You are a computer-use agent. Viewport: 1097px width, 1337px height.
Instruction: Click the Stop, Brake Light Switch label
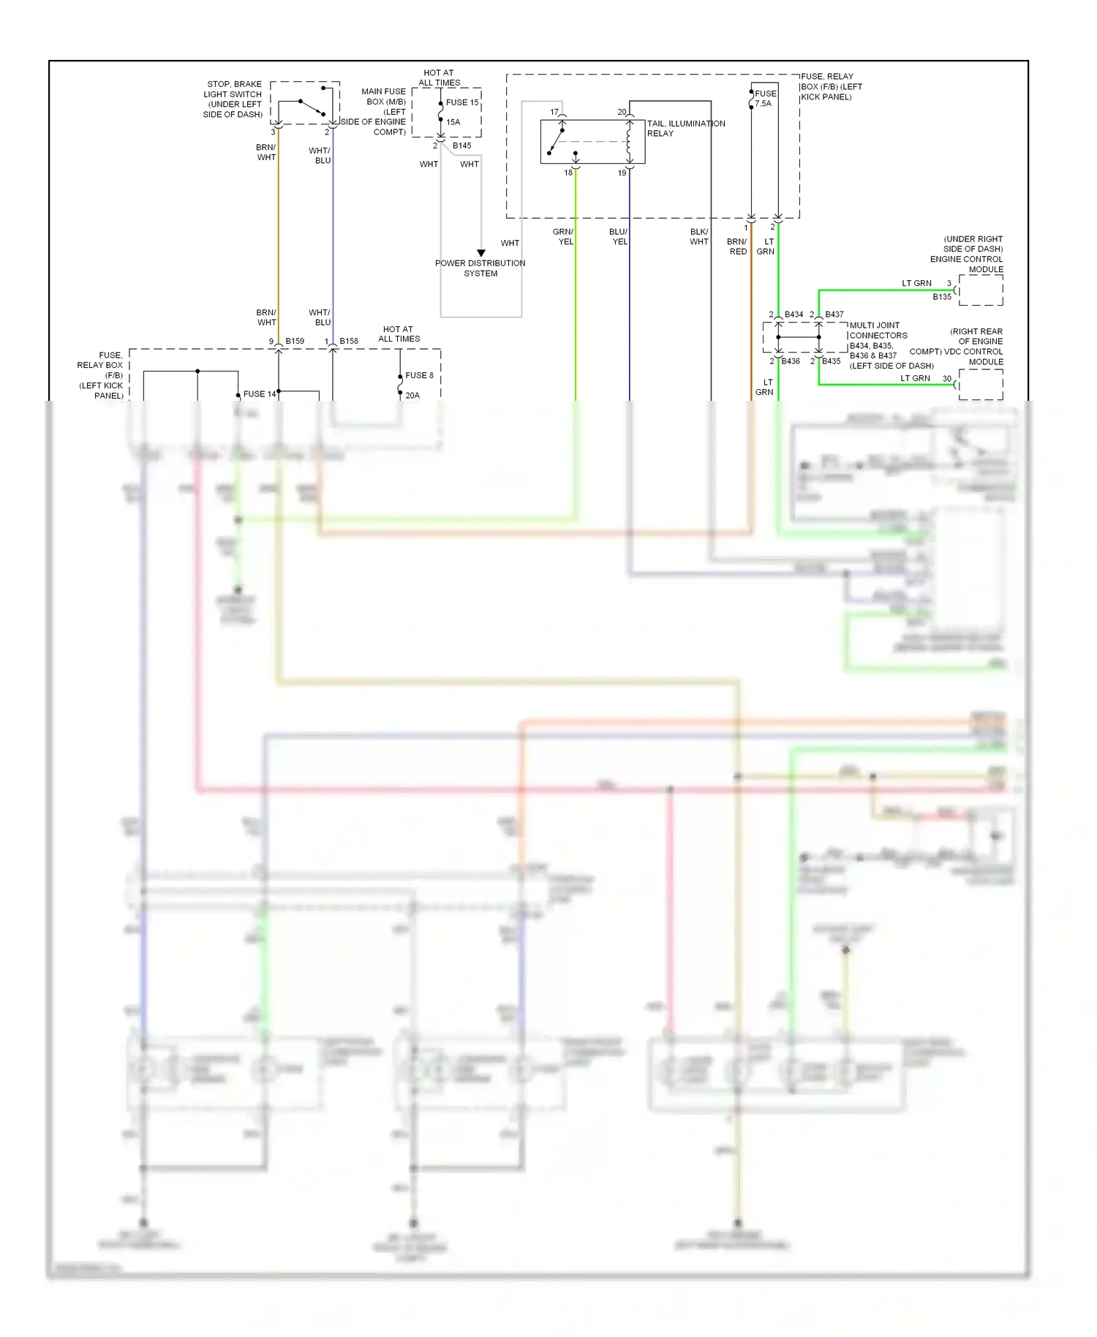click(233, 99)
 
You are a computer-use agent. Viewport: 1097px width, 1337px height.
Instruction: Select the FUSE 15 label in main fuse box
click(462, 102)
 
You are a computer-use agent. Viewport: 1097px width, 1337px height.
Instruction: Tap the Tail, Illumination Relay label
click(685, 128)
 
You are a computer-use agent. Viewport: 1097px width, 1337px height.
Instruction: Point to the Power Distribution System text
click(480, 268)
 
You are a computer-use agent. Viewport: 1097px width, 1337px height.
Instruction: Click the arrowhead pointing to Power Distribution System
click(481, 253)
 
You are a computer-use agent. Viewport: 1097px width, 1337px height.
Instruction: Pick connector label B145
click(462, 146)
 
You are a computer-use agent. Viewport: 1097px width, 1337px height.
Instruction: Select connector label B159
click(295, 341)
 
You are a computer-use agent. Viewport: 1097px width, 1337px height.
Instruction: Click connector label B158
click(349, 341)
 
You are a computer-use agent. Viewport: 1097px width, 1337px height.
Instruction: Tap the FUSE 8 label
click(419, 375)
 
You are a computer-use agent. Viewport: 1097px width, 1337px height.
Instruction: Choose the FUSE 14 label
click(260, 394)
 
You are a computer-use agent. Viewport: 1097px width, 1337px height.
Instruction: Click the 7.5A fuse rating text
click(763, 104)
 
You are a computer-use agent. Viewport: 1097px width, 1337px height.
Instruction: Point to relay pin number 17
click(554, 112)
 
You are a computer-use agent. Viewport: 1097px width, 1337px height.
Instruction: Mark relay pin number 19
click(622, 173)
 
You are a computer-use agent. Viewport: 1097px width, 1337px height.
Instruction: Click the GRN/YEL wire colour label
click(564, 237)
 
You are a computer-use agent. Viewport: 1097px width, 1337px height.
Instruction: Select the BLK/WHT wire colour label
click(699, 237)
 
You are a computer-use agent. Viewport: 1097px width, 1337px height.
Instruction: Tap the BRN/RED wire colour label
click(737, 246)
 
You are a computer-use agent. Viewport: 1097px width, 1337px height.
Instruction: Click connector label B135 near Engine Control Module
click(942, 297)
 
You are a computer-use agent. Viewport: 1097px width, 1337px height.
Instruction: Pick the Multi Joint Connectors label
click(878, 331)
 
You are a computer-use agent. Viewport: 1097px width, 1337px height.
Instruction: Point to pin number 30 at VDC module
click(947, 379)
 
